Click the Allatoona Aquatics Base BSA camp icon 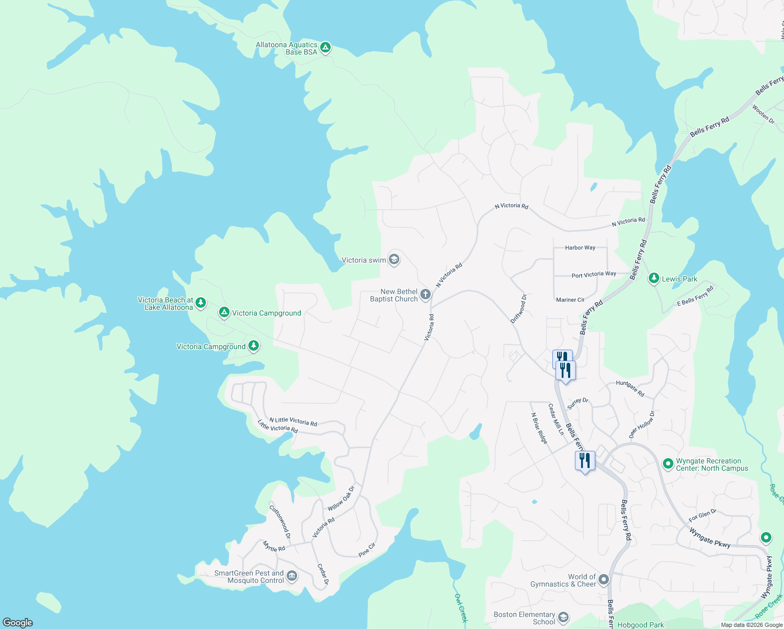[325, 48]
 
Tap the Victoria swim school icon [394, 259]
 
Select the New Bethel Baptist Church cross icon [426, 295]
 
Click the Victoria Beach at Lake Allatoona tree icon [200, 303]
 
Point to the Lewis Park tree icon [654, 278]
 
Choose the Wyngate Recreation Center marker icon [668, 463]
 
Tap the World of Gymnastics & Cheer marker [604, 579]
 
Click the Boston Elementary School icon [563, 617]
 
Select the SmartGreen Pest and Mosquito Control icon [292, 576]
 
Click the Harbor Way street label [580, 247]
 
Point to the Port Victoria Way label [594, 274]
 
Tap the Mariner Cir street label [570, 300]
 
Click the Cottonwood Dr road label [280, 522]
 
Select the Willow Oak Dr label [341, 498]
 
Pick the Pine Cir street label [367, 550]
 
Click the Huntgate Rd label [630, 388]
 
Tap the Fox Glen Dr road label [702, 515]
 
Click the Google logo [18, 622]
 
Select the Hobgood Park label [640, 625]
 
